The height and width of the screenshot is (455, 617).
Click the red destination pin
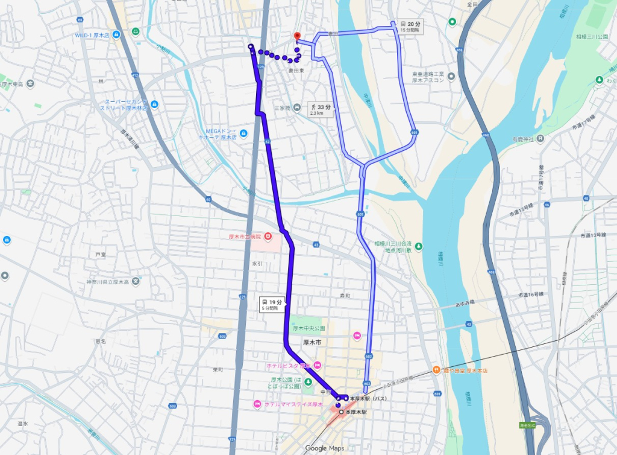pos(295,36)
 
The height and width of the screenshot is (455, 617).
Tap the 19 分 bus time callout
pos(272,303)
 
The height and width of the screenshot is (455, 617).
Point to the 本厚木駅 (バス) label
pos(368,399)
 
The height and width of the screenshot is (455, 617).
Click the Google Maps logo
pos(324,448)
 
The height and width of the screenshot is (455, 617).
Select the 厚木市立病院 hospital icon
pos(267,236)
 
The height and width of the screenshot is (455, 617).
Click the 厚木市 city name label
pos(313,342)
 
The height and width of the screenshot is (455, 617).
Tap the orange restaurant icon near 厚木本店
pos(435,369)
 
